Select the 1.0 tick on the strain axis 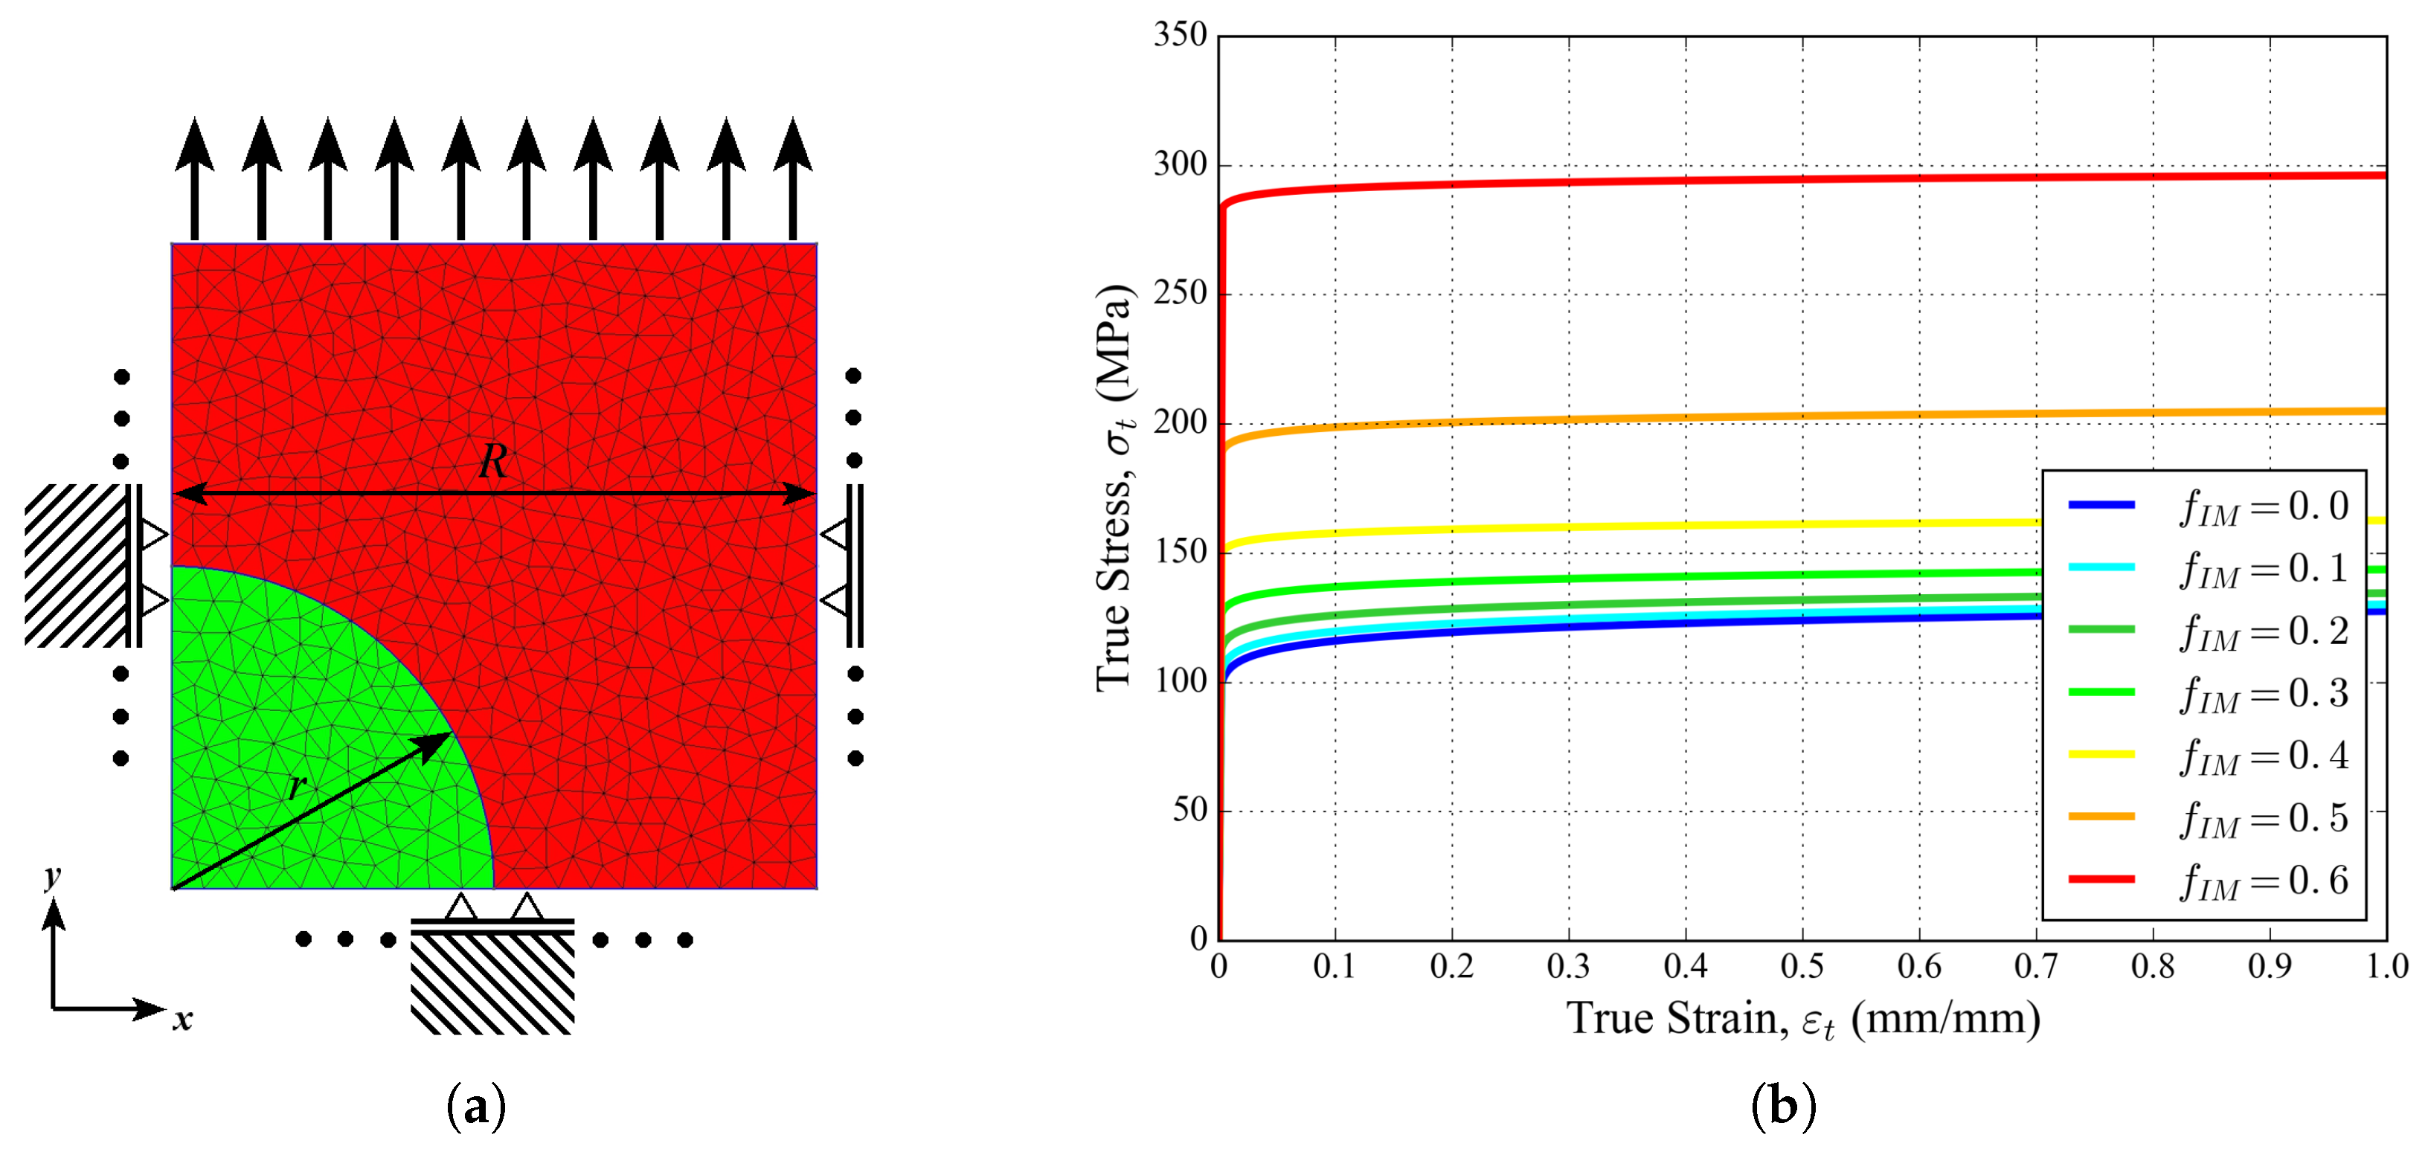(2386, 967)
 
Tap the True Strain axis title (1802, 1020)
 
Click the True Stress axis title (1116, 487)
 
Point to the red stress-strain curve (1697, 180)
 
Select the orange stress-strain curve (1697, 417)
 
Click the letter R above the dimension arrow (493, 462)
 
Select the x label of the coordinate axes (182, 1018)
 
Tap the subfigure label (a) (476, 1107)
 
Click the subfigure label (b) (1782, 1107)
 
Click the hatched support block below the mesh (492, 985)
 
